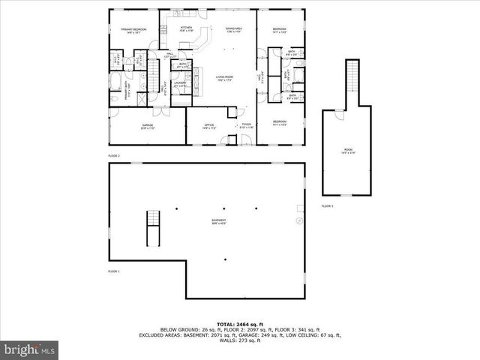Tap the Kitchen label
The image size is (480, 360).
pyautogui.click(x=186, y=29)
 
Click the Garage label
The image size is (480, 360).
pyautogui.click(x=148, y=126)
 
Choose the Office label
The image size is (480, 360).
pyautogui.click(x=209, y=126)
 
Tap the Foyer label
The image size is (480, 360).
pyautogui.click(x=246, y=126)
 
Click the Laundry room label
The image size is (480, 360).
pyautogui.click(x=180, y=84)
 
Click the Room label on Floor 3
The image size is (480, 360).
pyautogui.click(x=346, y=151)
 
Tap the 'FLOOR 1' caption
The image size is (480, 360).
pyautogui.click(x=114, y=271)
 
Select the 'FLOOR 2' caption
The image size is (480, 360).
pyautogui.click(x=114, y=155)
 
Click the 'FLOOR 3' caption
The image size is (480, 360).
pyautogui.click(x=328, y=205)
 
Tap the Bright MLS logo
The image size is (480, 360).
pyautogui.click(x=30, y=349)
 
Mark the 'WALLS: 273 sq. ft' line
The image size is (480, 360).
pyautogui.click(x=239, y=341)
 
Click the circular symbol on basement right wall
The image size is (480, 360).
pyautogui.click(x=298, y=221)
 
